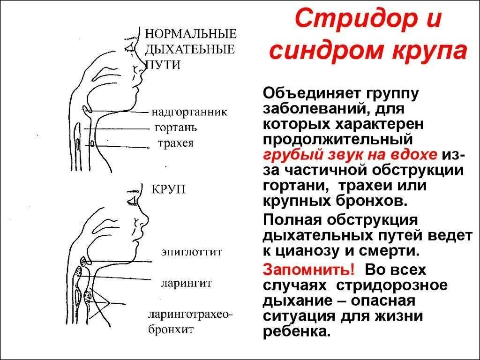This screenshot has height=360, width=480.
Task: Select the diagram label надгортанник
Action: point(189,112)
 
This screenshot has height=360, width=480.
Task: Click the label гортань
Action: point(175,127)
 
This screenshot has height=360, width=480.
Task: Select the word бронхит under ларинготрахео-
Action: point(171,329)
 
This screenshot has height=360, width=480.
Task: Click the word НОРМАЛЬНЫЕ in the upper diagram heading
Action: point(190,34)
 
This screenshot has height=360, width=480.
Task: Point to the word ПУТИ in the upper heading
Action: point(164,64)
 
